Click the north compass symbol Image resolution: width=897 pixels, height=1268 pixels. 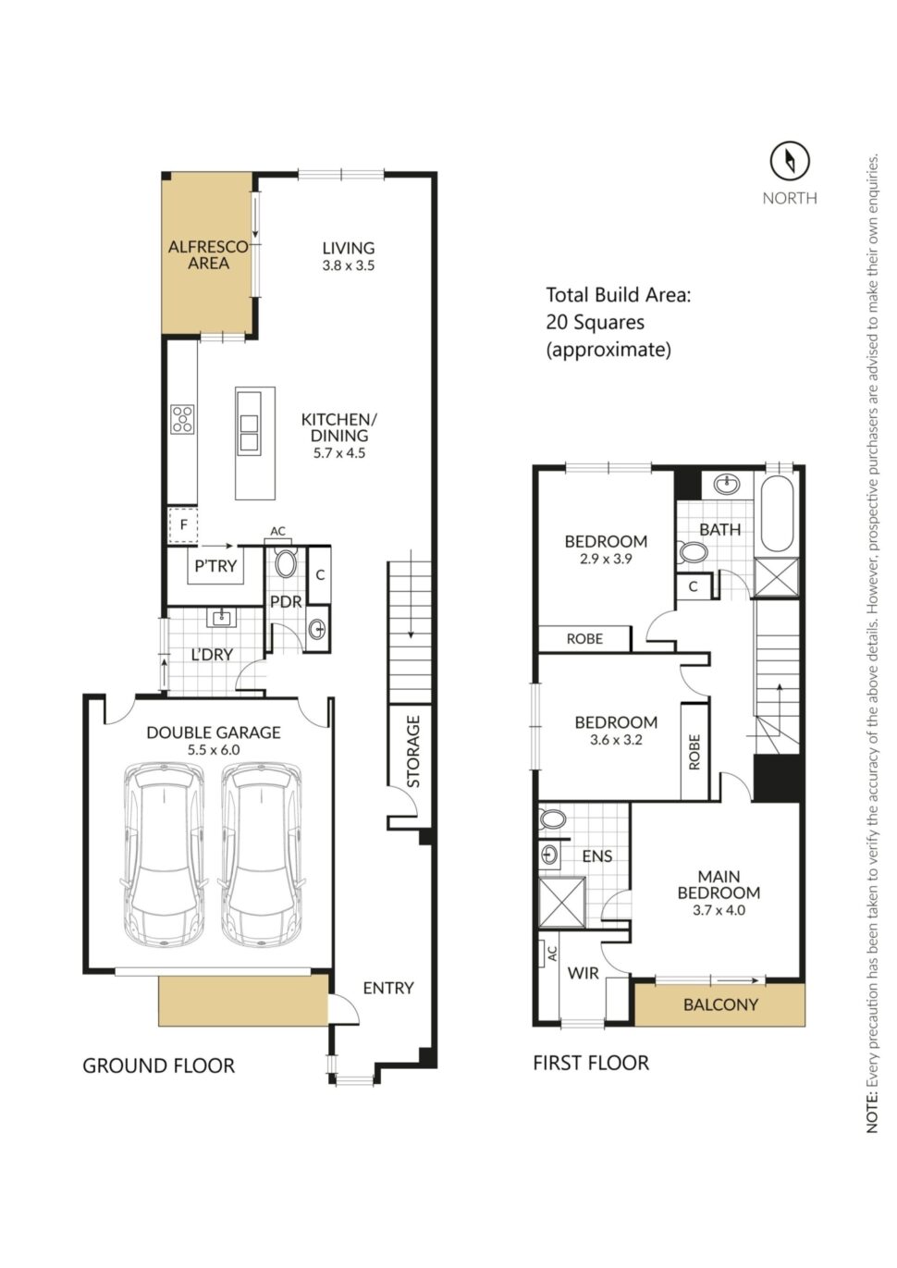(x=789, y=161)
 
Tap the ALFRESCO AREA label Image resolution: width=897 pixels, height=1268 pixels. (x=208, y=255)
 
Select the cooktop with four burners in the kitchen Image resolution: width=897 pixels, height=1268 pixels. (x=182, y=419)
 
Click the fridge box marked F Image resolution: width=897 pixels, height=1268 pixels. (x=183, y=525)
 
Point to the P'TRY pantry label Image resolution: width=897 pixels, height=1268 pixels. (x=215, y=566)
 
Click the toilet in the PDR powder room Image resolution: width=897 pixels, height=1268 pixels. (x=286, y=563)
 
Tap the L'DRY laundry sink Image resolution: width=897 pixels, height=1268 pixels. (x=222, y=617)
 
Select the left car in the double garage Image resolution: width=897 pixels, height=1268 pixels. (x=164, y=854)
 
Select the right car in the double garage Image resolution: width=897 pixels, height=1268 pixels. (x=261, y=854)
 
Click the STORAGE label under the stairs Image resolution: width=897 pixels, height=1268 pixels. (x=413, y=751)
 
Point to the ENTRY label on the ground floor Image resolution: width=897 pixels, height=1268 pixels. (x=387, y=988)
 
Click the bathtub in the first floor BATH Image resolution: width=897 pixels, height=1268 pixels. (x=776, y=513)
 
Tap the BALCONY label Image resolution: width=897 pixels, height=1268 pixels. (x=720, y=1004)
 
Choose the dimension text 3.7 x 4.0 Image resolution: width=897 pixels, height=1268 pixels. (x=719, y=910)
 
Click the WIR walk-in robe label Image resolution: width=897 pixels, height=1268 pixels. (x=583, y=973)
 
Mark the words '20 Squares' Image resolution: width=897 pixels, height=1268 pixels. (x=595, y=322)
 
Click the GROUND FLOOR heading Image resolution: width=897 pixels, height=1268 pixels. (x=158, y=1065)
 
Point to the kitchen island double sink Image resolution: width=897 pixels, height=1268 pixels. (x=249, y=433)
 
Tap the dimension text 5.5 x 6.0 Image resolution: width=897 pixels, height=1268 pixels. (x=213, y=750)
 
